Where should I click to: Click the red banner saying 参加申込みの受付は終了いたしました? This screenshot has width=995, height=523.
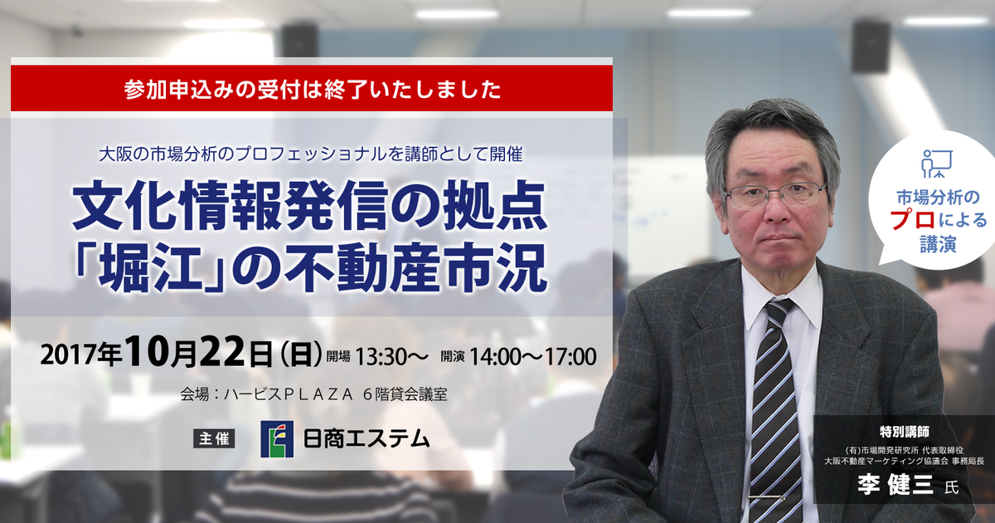point(312,89)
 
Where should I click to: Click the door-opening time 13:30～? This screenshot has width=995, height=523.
point(390,357)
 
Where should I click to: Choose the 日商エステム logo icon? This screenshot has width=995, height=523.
point(277,439)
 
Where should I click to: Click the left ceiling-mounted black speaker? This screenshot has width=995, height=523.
point(299,40)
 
